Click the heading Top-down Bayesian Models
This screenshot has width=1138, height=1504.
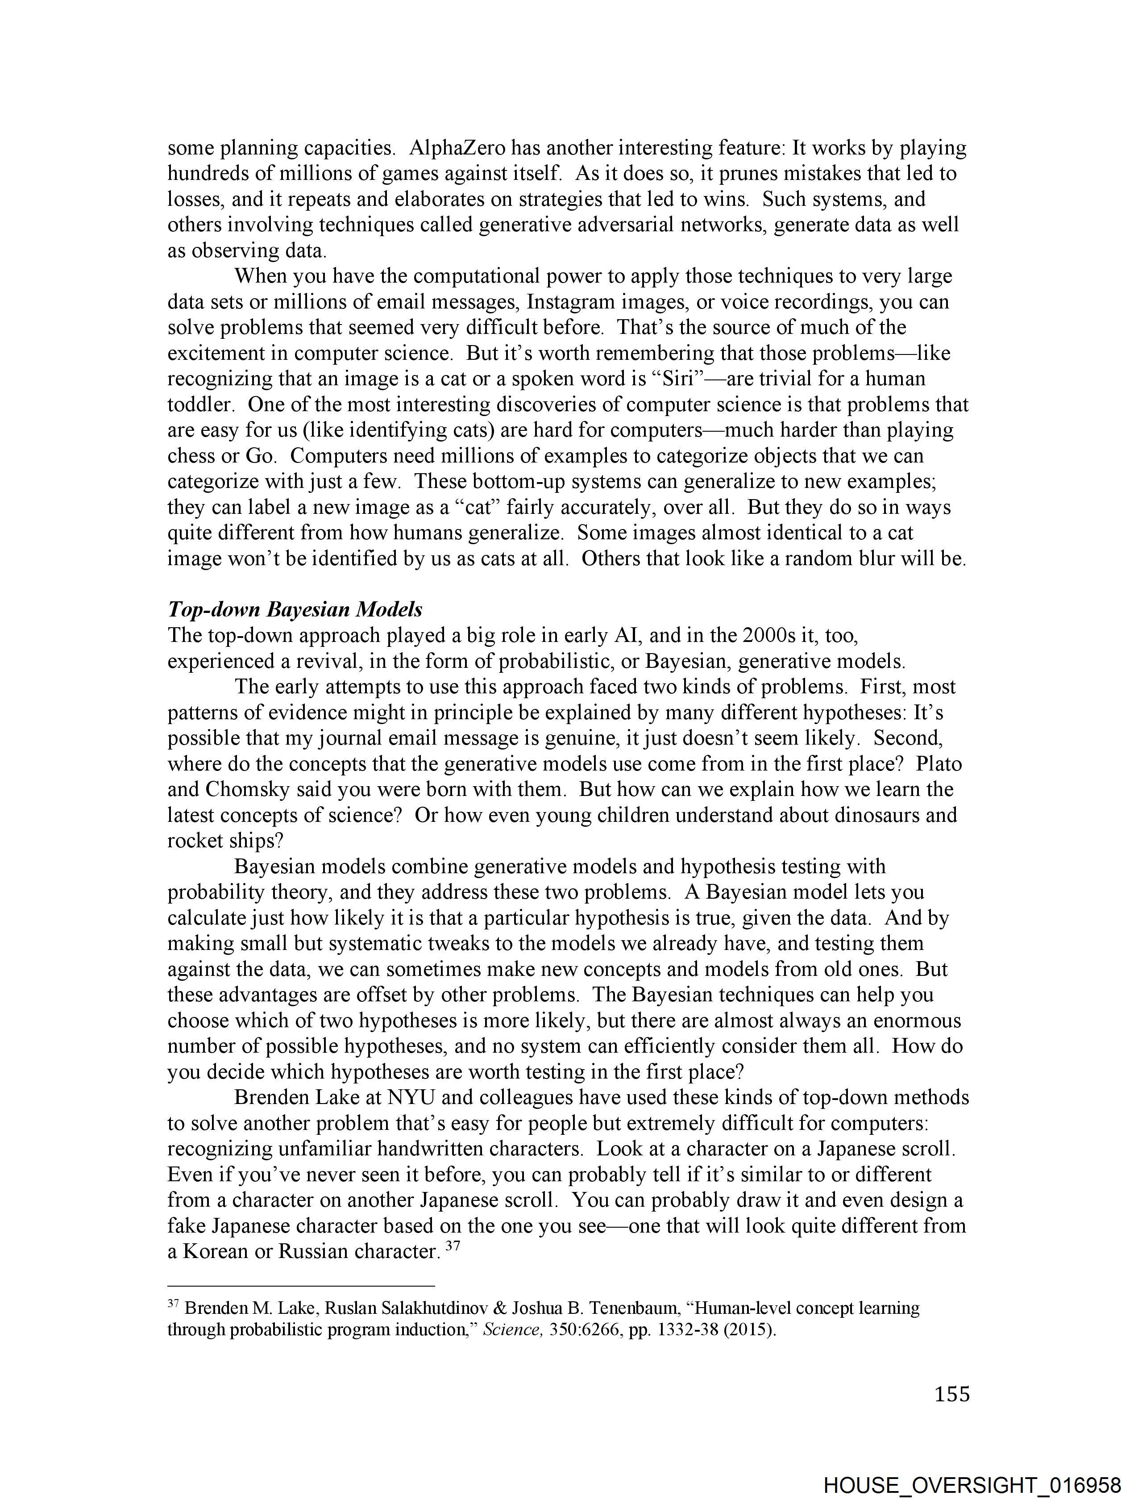click(x=295, y=609)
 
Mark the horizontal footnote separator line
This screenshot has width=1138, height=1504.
click(x=301, y=1286)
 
